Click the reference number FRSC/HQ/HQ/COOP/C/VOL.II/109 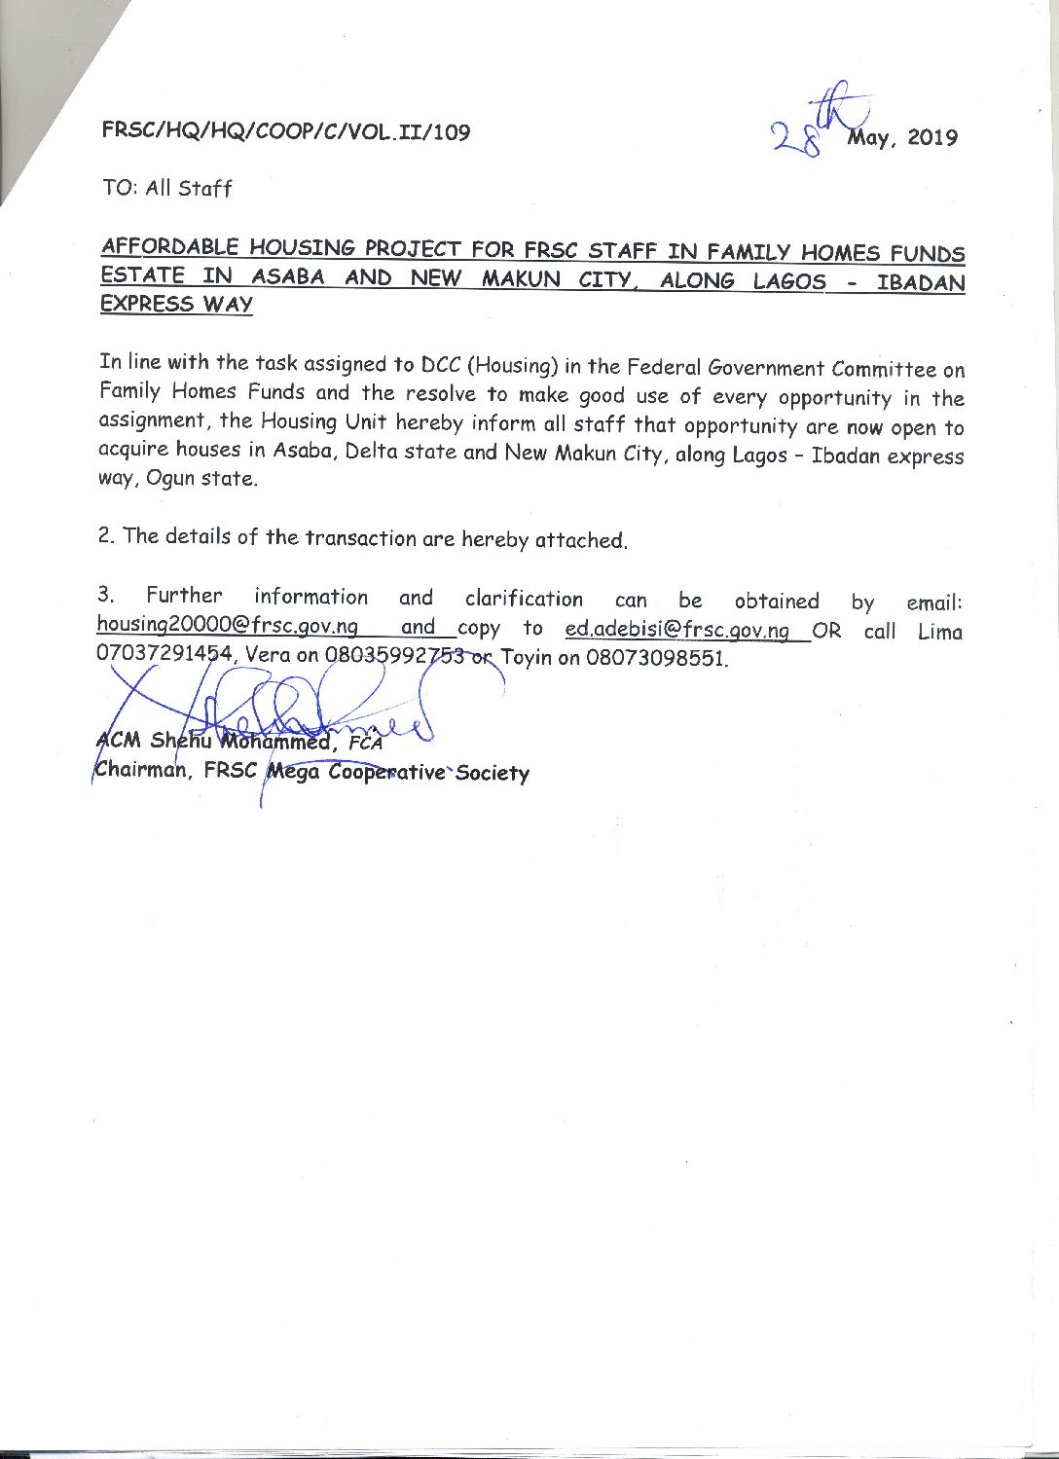[285, 131]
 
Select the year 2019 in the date [931, 138]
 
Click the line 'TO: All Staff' [167, 188]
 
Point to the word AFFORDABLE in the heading [168, 245]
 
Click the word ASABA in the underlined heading [287, 276]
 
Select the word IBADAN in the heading [920, 284]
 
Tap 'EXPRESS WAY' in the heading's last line [176, 304]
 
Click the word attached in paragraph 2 [580, 540]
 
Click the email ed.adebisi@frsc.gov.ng [676, 630]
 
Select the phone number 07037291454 [164, 653]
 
